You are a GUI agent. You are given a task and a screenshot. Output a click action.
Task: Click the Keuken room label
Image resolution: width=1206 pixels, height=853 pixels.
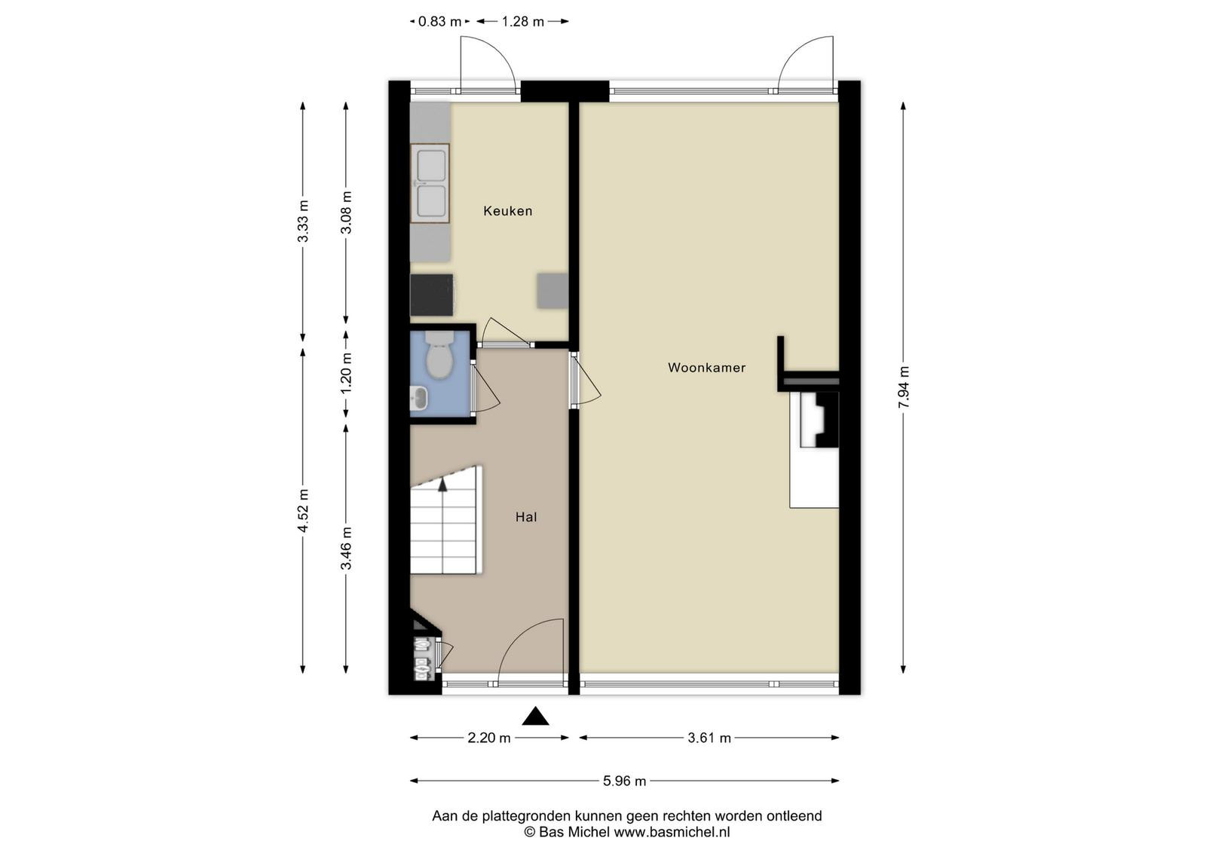[x=508, y=211]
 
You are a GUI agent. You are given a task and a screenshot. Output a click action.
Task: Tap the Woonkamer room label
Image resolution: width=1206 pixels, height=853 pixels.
[x=707, y=368]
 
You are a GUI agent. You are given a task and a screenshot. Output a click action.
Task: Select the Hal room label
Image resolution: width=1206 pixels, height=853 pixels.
[x=526, y=517]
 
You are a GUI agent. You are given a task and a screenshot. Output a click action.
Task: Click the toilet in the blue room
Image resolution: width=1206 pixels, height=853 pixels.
[x=440, y=354]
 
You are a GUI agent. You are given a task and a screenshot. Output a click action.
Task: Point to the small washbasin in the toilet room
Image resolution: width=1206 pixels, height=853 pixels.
[x=419, y=399]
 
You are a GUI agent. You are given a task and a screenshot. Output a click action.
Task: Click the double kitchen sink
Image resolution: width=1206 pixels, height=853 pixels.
[x=430, y=183]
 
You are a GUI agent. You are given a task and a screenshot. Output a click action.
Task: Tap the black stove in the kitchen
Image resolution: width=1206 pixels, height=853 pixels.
[x=432, y=295]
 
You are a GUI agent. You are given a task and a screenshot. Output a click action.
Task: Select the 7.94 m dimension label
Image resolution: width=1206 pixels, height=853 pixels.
[x=904, y=387]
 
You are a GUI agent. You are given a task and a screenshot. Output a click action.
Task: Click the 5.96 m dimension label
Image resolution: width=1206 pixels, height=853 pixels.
[x=625, y=781]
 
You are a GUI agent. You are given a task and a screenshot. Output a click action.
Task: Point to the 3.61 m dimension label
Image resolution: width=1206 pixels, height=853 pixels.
[x=709, y=738]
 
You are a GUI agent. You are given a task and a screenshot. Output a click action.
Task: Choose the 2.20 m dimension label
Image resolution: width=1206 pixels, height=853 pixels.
[x=489, y=738]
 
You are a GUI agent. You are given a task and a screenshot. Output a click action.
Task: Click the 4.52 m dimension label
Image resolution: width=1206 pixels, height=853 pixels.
[x=303, y=511]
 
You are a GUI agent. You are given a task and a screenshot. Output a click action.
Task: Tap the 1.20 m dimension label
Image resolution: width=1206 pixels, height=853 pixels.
[x=346, y=373]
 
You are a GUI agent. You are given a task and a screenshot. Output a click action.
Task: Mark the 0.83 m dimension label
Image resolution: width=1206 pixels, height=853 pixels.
[x=440, y=22]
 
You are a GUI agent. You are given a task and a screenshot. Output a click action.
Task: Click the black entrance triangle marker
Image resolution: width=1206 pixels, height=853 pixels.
[x=535, y=717]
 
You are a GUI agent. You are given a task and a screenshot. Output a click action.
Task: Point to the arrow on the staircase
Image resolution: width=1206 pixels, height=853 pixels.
[x=442, y=484]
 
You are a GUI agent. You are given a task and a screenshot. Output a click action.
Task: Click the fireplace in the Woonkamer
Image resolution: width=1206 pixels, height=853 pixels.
[x=819, y=420]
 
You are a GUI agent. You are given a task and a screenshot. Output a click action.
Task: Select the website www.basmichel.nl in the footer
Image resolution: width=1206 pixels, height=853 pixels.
[x=672, y=832]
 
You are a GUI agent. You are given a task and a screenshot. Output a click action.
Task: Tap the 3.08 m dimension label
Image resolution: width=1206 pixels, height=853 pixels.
[x=346, y=212]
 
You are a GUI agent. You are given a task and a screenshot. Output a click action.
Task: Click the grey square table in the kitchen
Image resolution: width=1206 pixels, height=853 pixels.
[x=552, y=291]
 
